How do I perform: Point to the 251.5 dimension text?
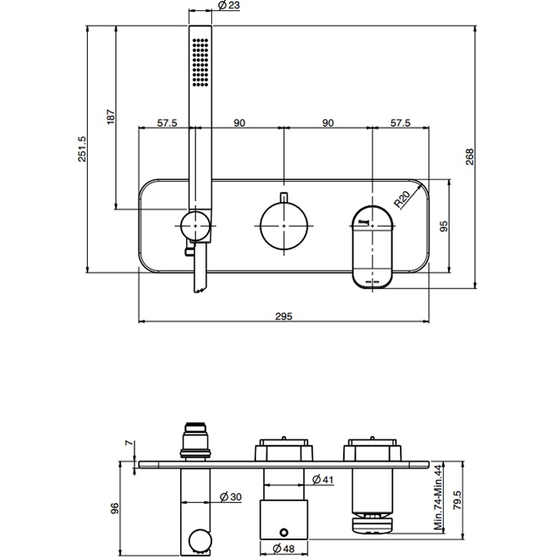tap(82, 149)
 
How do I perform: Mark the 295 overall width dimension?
tap(283, 315)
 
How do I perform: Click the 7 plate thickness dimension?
tap(129, 443)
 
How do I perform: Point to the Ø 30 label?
tap(231, 497)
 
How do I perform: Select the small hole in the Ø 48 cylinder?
tap(283, 532)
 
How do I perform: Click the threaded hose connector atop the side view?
tap(196, 440)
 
